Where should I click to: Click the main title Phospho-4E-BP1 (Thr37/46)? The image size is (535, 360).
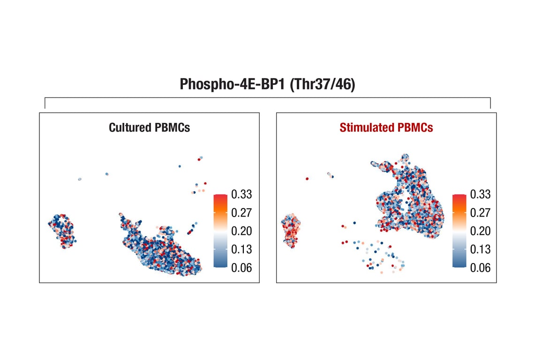click(267, 85)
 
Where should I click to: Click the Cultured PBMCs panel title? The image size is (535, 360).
click(149, 127)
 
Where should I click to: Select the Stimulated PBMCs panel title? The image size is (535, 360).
click(386, 127)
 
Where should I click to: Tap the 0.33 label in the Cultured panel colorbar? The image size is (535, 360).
click(241, 194)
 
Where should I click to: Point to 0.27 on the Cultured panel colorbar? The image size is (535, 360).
click(241, 212)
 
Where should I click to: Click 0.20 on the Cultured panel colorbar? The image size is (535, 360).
click(241, 231)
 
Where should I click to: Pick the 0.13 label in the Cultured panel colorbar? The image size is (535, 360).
click(241, 249)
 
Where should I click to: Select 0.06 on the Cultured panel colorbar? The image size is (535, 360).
click(241, 268)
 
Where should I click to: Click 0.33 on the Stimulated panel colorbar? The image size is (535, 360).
click(480, 194)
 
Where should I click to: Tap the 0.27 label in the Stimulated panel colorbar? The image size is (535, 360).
click(480, 212)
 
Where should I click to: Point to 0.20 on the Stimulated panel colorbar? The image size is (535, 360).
click(480, 231)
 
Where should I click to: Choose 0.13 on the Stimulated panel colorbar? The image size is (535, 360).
click(480, 249)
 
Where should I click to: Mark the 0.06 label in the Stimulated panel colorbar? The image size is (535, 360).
click(480, 268)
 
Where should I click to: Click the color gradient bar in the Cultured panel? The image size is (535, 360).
click(220, 231)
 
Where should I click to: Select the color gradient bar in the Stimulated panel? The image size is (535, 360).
click(459, 231)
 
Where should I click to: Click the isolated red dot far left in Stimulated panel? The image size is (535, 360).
click(307, 179)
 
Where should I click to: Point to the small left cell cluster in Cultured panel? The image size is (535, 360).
click(62, 230)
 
